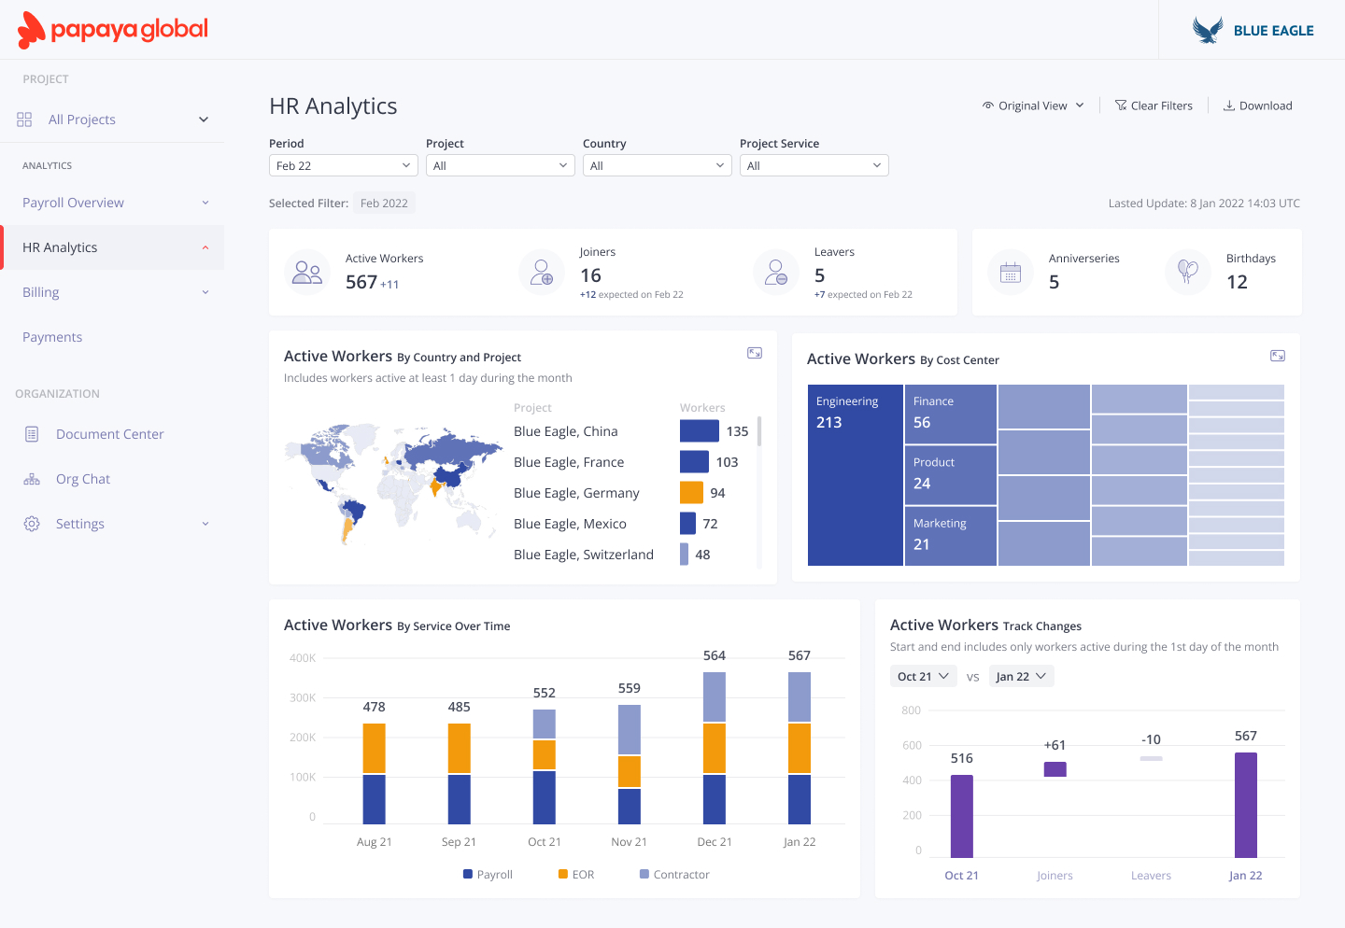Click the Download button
1257,105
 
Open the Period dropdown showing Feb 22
343,165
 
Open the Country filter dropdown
657,165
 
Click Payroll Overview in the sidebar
73,203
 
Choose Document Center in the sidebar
109,434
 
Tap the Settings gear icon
32,524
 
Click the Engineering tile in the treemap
855,475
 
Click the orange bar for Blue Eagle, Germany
691,492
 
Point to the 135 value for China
737,431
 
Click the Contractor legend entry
674,875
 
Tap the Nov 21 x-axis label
629,842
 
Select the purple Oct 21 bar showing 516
961,816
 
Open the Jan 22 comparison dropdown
1021,676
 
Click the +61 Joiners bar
1055,769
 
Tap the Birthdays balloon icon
1187,272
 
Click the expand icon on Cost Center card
1277,356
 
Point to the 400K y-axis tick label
303,658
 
